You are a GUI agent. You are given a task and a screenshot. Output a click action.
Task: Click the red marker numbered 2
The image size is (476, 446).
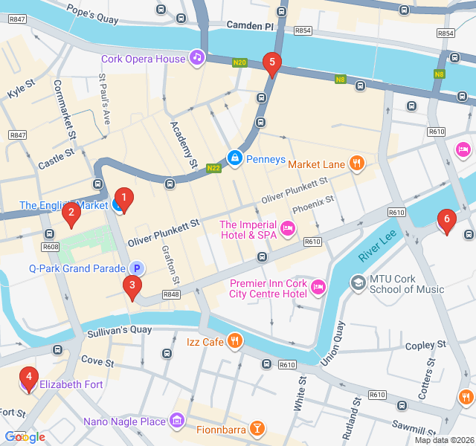(x=71, y=216)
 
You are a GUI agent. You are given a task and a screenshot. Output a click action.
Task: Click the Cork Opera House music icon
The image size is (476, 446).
(x=196, y=57)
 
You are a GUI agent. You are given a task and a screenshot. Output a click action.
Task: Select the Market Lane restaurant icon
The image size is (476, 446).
(x=357, y=163)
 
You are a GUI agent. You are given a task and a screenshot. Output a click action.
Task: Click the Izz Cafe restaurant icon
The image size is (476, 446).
(x=235, y=341)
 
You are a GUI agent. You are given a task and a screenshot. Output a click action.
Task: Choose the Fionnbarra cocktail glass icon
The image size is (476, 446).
(x=257, y=429)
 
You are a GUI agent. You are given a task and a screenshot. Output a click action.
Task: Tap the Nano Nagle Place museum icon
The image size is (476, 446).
(x=177, y=421)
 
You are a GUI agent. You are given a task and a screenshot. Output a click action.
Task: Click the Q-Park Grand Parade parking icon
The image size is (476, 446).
(x=136, y=268)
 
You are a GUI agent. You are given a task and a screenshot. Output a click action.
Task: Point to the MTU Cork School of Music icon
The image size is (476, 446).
(x=358, y=283)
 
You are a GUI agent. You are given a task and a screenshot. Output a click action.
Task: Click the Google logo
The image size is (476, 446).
(x=25, y=437)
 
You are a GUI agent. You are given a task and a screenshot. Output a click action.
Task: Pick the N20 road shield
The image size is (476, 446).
(x=239, y=62)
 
